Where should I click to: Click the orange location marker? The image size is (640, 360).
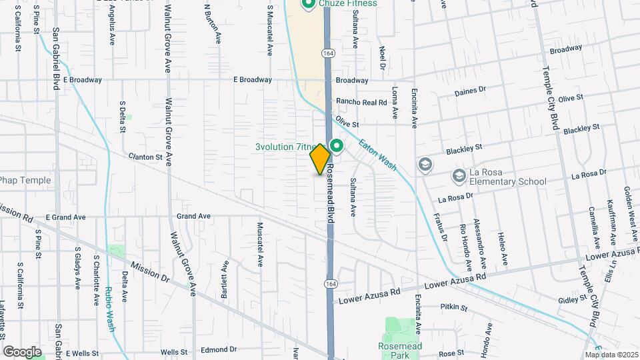point(320,159)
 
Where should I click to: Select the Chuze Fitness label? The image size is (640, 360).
point(347,3)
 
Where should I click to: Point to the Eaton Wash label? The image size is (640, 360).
point(377,153)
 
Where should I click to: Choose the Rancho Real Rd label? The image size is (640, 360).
point(361,102)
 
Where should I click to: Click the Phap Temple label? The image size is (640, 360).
point(25,180)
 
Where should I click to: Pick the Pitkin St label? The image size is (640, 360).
point(454,307)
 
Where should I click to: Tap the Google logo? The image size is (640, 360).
point(22,351)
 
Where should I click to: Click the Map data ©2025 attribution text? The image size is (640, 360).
point(612,355)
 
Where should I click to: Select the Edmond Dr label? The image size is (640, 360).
point(219,349)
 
